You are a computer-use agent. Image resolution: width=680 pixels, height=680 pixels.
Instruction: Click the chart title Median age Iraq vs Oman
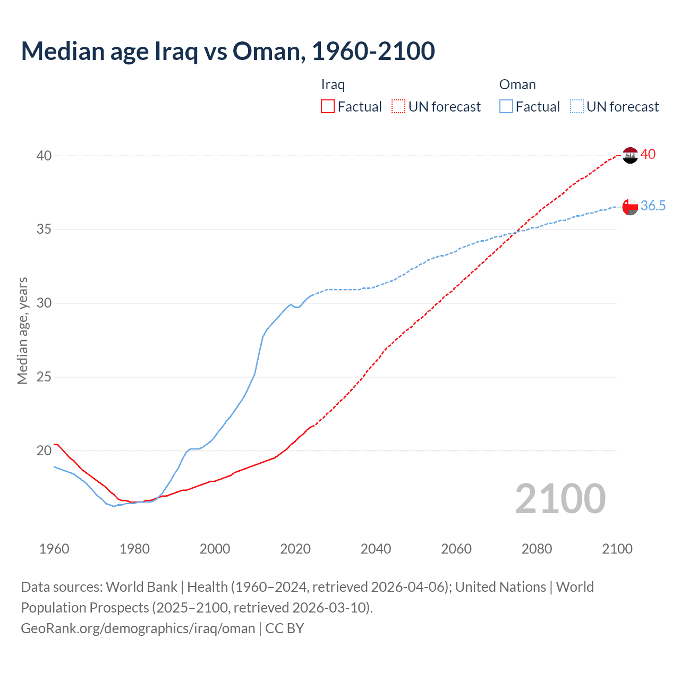pos(228,51)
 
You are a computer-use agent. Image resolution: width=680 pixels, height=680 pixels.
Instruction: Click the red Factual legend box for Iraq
pos(328,107)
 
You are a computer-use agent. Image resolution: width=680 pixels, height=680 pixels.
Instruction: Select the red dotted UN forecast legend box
pos(398,107)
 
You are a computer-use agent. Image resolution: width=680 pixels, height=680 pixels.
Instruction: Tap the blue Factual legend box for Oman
pos(506,107)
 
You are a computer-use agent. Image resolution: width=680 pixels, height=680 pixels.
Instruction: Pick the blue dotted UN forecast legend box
pos(577,107)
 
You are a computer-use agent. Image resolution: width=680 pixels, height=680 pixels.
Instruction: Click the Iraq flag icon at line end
pos(630,155)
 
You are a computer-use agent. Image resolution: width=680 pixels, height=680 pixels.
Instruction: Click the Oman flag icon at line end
pos(630,207)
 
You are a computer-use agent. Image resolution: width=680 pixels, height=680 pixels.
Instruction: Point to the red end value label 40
pos(648,155)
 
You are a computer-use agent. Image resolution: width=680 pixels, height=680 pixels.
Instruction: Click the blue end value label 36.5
pos(653,206)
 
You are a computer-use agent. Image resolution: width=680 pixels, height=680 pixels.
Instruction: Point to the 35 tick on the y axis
pos(44,229)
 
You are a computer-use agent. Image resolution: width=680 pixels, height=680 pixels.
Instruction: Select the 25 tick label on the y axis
pos(44,377)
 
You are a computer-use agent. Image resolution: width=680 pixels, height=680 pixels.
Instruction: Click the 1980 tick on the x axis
pos(134,549)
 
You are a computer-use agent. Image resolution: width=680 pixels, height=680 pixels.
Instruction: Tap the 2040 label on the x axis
pos(376,549)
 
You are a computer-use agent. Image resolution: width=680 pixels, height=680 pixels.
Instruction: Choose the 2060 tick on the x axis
pos(456,549)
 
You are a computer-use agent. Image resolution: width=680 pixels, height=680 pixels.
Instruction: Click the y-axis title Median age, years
pos(23,330)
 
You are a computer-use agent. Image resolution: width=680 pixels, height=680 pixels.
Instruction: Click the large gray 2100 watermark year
pos(560,499)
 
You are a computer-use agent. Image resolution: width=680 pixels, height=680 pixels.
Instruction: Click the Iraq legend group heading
pos(333,84)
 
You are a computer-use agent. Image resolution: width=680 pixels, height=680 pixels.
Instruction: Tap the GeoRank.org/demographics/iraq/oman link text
pos(138,628)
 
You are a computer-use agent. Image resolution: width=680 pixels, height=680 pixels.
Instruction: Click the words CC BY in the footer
pos(285,628)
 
